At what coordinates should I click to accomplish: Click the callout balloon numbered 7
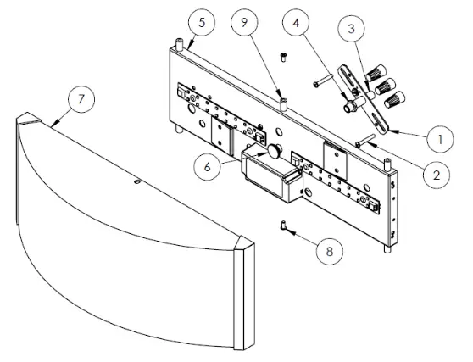click(x=80, y=99)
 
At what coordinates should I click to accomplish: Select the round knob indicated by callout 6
click(x=275, y=152)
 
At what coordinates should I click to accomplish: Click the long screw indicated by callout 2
click(x=369, y=142)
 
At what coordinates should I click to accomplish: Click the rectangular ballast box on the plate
click(x=270, y=176)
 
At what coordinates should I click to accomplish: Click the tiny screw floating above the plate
click(x=285, y=58)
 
